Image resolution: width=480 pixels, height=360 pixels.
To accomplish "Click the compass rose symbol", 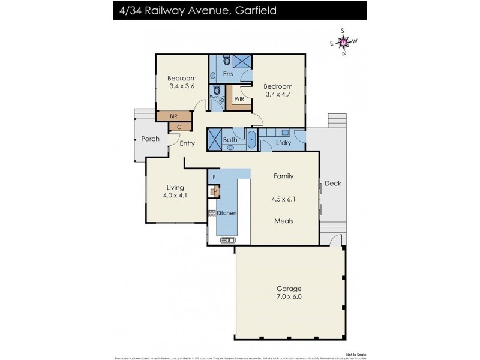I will pos(343,41).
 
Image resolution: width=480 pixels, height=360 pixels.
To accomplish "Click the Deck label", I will pos(332,184).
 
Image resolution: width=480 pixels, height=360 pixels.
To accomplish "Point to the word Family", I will pos(283,176).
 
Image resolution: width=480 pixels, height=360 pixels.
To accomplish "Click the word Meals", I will pos(283,221).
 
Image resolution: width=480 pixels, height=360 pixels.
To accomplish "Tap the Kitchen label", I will pos(227,214).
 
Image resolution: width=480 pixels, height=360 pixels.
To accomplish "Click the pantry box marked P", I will pos(214,192).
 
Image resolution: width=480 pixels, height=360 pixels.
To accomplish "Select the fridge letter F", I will pos(214,178).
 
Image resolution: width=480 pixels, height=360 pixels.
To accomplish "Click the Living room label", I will pos(175,188).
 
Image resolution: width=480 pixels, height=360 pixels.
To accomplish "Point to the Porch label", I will pos(150,139).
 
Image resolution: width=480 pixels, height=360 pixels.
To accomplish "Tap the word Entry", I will pos(187,143).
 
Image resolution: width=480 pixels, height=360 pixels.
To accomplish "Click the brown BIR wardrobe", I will pos(174,116).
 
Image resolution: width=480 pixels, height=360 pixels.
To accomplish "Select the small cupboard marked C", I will pos(180,127).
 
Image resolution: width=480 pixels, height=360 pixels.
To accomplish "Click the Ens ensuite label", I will pos(228,74).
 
